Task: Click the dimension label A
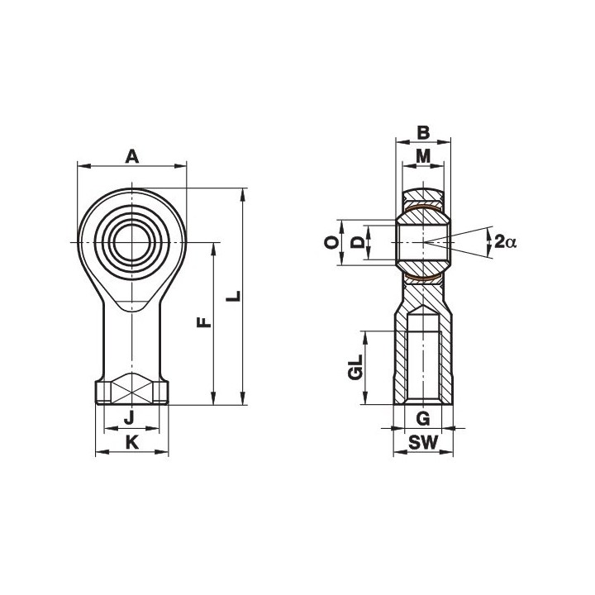pos(131,156)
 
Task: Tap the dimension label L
pos(233,296)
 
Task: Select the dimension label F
pos(204,322)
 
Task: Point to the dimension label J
pos(130,418)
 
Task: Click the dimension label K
pos(131,442)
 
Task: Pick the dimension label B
pos(423,133)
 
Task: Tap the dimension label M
pos(423,155)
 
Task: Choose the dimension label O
pos(331,242)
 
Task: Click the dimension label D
pos(357,242)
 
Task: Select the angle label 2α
pos(506,241)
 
